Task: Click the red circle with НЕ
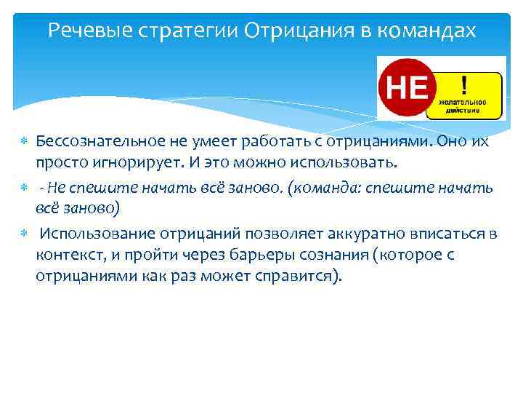point(405,88)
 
